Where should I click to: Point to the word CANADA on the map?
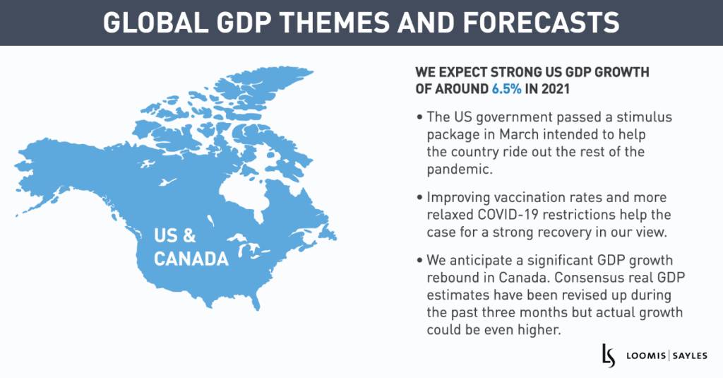point(191,259)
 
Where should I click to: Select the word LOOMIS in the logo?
point(642,354)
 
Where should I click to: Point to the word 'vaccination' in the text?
point(518,197)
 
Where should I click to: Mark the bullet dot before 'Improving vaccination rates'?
point(421,197)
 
